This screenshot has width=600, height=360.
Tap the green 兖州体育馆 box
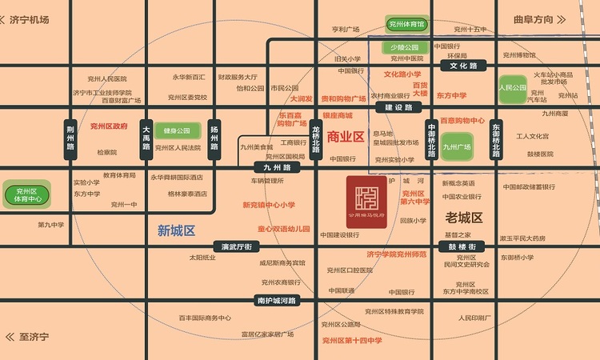point(406,25)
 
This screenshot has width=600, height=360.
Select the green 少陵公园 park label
point(406,48)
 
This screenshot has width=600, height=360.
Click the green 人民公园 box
point(512,88)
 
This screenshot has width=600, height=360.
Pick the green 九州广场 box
point(457,146)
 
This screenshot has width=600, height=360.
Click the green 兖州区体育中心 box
point(27,194)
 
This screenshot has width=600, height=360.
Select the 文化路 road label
point(463,66)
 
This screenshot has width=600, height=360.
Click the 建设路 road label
point(398,106)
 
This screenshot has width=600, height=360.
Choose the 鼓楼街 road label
point(462,246)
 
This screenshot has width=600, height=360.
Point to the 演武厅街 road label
point(238,246)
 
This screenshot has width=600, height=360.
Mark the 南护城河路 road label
point(276,301)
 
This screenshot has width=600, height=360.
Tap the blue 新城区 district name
point(177,231)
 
